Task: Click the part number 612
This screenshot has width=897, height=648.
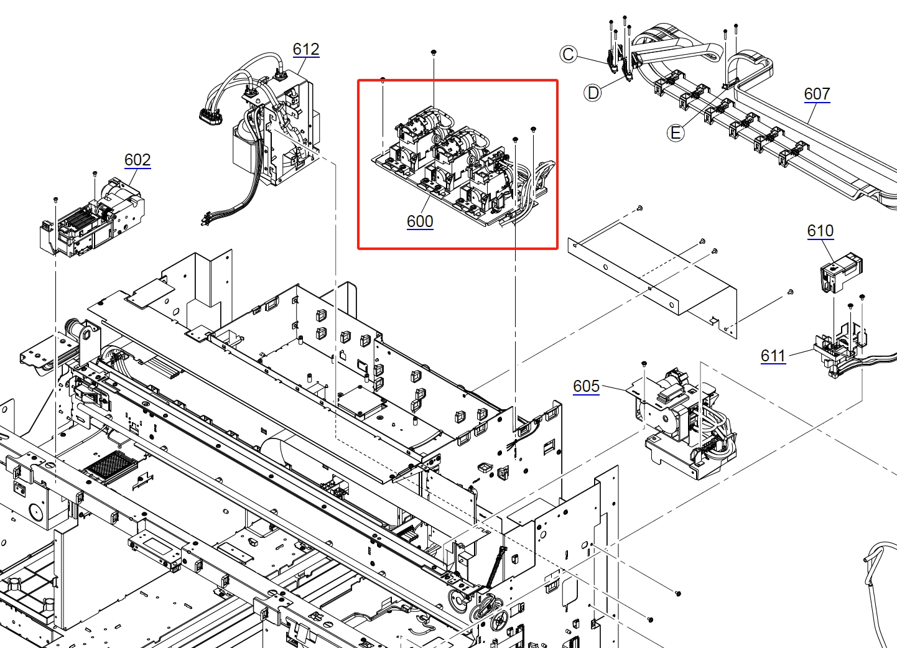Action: (x=306, y=49)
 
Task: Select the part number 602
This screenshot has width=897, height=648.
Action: (x=137, y=160)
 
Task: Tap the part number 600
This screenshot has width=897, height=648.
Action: (x=420, y=221)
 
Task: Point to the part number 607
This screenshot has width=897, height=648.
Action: (x=817, y=94)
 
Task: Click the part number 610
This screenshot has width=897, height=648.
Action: (x=820, y=231)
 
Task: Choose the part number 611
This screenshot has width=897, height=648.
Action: (x=773, y=356)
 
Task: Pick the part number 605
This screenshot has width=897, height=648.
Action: (x=586, y=386)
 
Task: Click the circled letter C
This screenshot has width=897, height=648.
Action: (x=568, y=54)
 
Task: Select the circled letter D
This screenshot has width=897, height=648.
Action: (x=593, y=93)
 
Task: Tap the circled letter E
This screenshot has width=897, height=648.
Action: (x=676, y=132)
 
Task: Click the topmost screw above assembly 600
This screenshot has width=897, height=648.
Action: (x=434, y=53)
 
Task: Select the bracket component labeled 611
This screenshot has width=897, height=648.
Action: (x=840, y=351)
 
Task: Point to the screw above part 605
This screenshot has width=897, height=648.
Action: (x=644, y=363)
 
